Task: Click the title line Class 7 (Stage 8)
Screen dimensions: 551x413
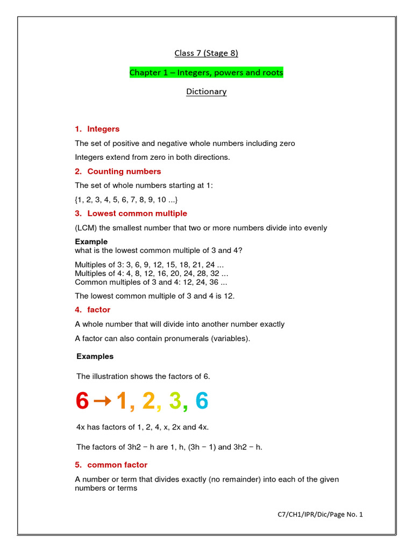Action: [x=206, y=53]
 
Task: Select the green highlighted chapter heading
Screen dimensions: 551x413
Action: [x=206, y=72]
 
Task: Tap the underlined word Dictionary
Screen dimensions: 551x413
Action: [x=206, y=91]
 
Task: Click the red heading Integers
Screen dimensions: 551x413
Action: [x=103, y=129]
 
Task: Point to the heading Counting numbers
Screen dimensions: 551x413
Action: [x=124, y=172]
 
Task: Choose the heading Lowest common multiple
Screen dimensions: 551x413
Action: [x=137, y=214]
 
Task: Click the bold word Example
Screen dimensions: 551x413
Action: [x=91, y=242]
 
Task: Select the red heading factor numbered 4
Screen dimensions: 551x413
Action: [x=98, y=310]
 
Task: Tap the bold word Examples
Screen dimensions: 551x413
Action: [x=95, y=356]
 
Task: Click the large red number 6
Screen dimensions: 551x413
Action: [x=82, y=401]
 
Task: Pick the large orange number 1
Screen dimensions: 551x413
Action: [x=122, y=401]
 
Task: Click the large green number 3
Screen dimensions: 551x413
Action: [x=175, y=401]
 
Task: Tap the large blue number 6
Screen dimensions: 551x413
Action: [x=201, y=401]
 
